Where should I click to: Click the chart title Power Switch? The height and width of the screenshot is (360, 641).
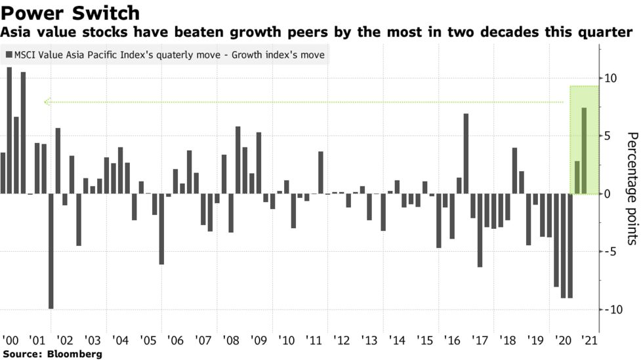click(71, 12)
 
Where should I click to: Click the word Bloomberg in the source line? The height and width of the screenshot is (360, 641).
click(73, 354)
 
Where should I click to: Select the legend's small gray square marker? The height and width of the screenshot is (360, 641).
click(9, 55)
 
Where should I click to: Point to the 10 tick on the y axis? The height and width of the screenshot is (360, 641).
click(611, 78)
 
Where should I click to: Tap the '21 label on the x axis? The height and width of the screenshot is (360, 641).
click(591, 341)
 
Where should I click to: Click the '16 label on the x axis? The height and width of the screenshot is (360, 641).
click(453, 341)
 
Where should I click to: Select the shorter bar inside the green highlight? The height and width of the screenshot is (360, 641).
click(577, 178)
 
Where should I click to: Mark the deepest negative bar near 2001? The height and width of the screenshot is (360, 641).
click(51, 251)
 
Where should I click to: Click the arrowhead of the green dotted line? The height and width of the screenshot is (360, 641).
click(47, 102)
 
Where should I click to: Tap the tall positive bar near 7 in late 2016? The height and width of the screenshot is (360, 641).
click(466, 153)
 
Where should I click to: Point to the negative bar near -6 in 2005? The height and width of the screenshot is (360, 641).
click(161, 229)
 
